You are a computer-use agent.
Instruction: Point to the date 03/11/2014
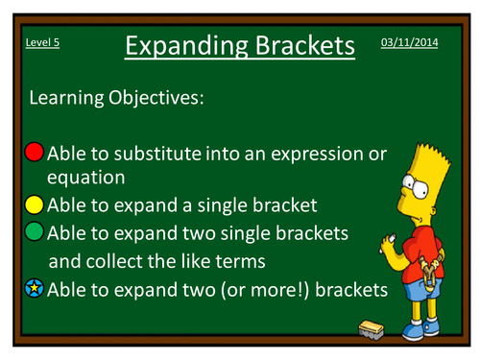pyautogui.click(x=409, y=44)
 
